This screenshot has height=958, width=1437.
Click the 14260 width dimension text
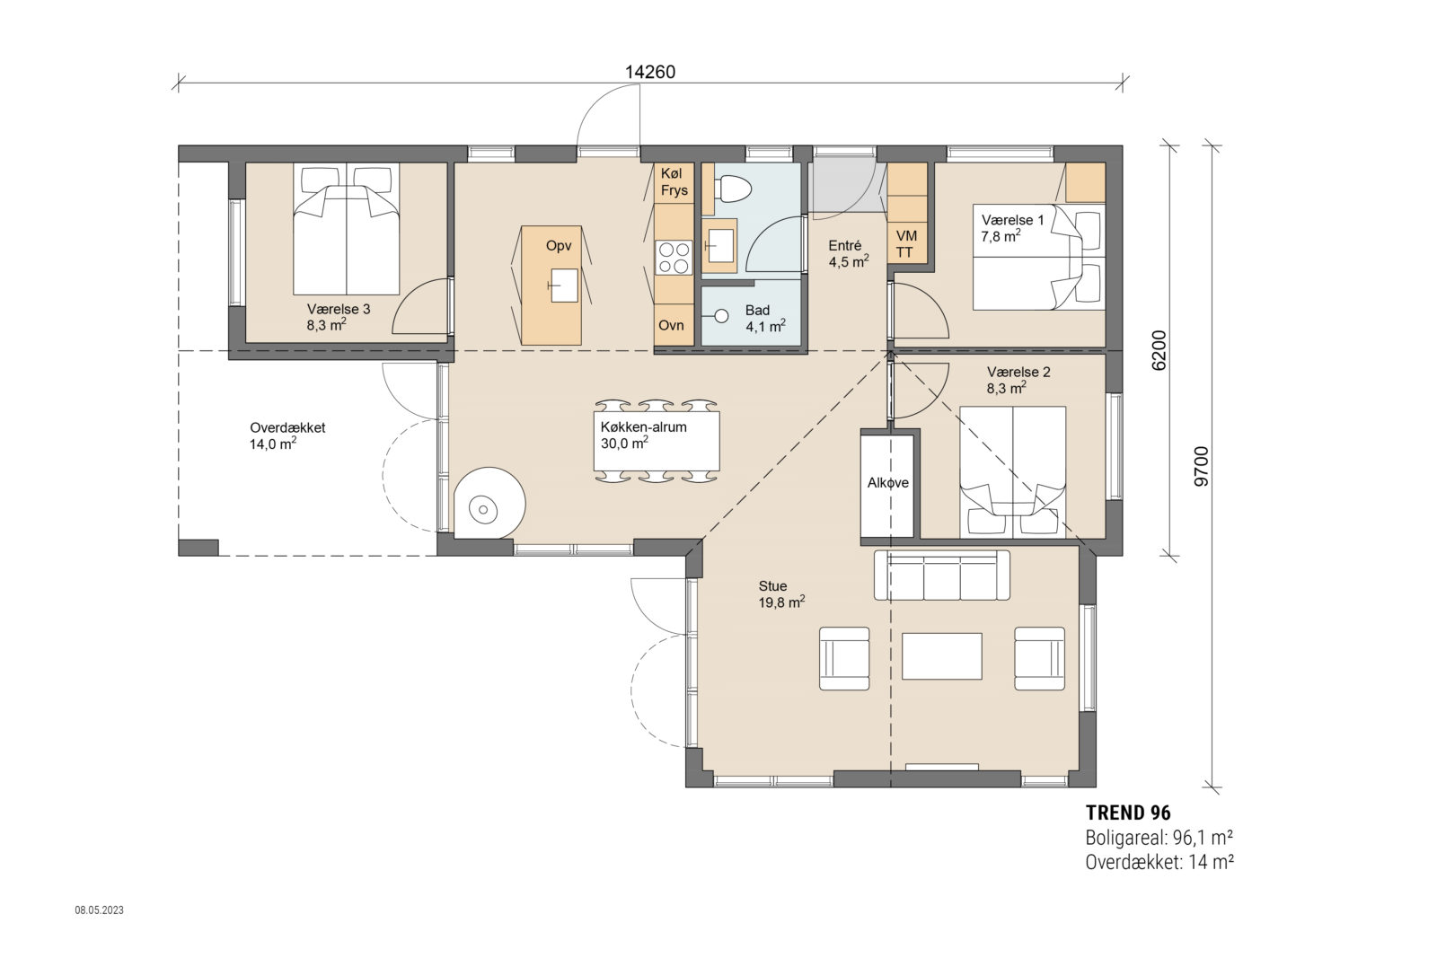(649, 72)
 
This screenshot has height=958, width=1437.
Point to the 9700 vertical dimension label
(1202, 466)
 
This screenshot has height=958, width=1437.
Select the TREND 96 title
(1128, 813)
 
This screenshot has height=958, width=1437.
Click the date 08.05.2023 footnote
(99, 910)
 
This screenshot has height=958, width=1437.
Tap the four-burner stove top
(674, 258)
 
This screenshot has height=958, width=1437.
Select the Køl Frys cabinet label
(674, 181)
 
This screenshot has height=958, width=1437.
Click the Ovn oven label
(671, 325)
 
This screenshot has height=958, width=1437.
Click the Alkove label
(887, 483)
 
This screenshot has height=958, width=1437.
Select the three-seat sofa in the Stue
(941, 576)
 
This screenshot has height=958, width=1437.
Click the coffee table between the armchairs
(941, 655)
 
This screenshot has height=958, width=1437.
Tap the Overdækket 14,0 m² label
(287, 435)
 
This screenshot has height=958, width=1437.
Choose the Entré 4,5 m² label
(847, 254)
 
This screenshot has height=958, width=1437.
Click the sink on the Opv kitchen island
(564, 285)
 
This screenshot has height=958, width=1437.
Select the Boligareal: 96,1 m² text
(1158, 838)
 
